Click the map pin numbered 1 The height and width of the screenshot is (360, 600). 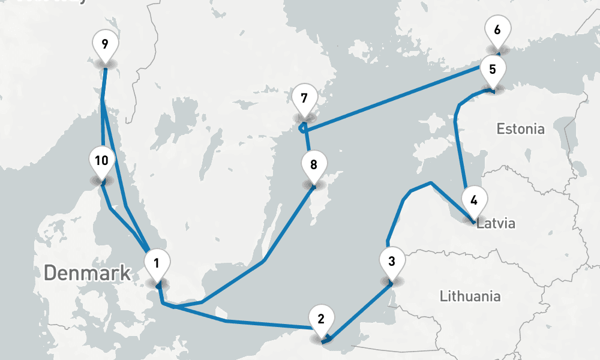click(x=157, y=263)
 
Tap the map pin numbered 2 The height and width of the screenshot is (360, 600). click(x=321, y=319)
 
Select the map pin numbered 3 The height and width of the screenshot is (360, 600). click(x=392, y=262)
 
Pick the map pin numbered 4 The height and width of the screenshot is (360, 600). click(x=474, y=200)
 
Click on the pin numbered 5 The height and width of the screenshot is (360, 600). click(x=493, y=69)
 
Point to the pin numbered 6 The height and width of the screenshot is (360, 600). click(x=497, y=29)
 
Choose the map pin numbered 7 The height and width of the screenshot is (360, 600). click(x=304, y=98)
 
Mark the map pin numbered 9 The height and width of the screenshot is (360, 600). click(x=105, y=44)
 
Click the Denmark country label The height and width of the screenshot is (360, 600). click(x=87, y=273)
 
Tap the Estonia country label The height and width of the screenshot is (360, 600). click(x=521, y=128)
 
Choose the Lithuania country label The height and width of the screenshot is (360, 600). click(x=470, y=296)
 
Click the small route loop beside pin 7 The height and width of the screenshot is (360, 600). click(x=302, y=127)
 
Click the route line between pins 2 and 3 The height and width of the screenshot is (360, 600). click(x=360, y=312)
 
